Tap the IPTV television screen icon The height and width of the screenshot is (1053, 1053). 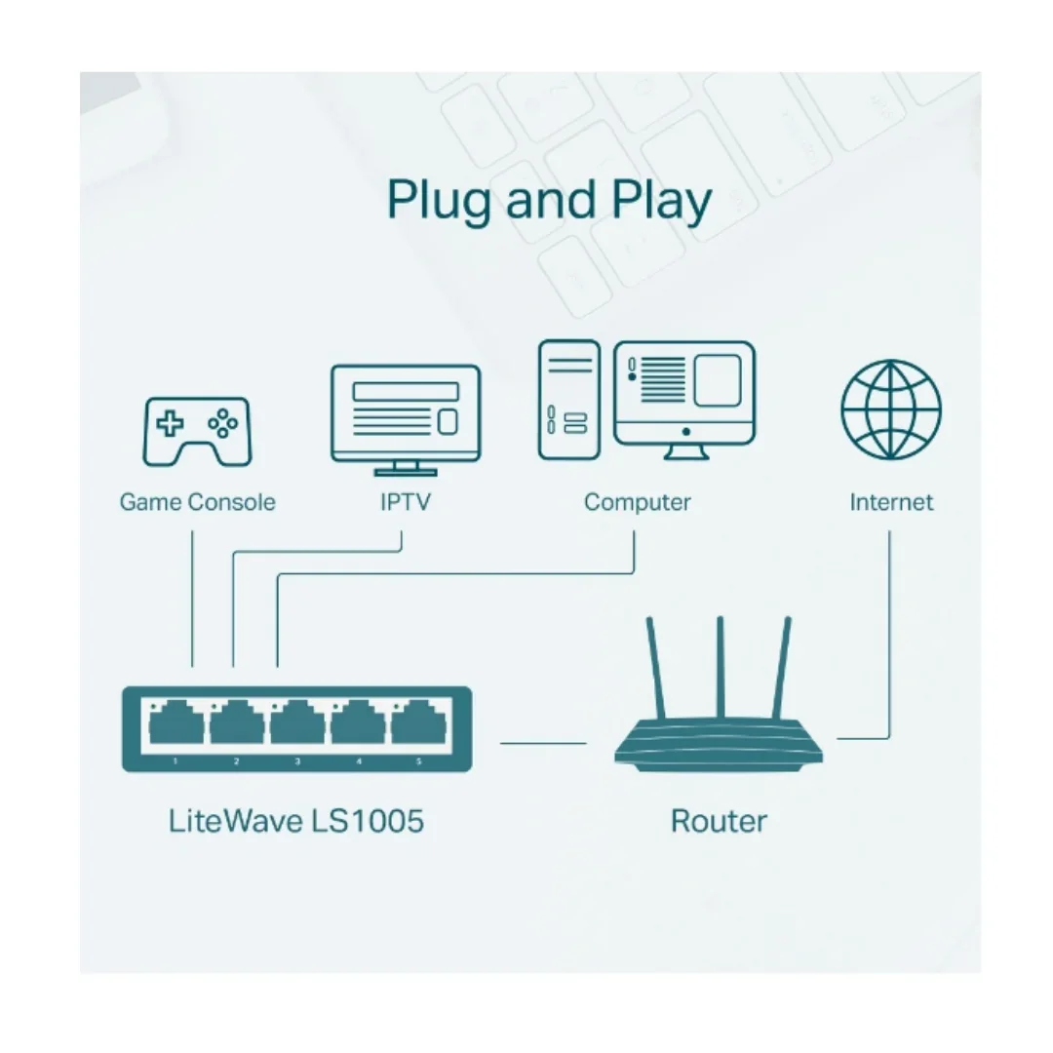pos(406,419)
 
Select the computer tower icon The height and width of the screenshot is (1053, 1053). pos(568,400)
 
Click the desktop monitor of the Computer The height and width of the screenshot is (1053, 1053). pos(684,400)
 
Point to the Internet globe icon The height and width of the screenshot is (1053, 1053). pos(891,409)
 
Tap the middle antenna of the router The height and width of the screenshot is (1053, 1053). pos(720,668)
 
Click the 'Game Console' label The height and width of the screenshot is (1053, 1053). pos(197,502)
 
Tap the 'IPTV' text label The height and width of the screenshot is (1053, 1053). pos(405,502)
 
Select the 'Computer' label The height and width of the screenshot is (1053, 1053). pos(637,503)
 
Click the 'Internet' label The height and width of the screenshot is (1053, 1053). pos(891,502)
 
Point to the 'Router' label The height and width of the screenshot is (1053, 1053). pos(719,821)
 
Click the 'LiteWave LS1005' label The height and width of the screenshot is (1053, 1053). pos(295,821)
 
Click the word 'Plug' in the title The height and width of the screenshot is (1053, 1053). pos(439,200)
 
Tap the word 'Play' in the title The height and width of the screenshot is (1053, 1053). pos(661,200)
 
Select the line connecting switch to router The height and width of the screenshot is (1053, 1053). pos(543,743)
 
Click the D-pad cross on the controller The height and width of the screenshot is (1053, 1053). pos(170,424)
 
